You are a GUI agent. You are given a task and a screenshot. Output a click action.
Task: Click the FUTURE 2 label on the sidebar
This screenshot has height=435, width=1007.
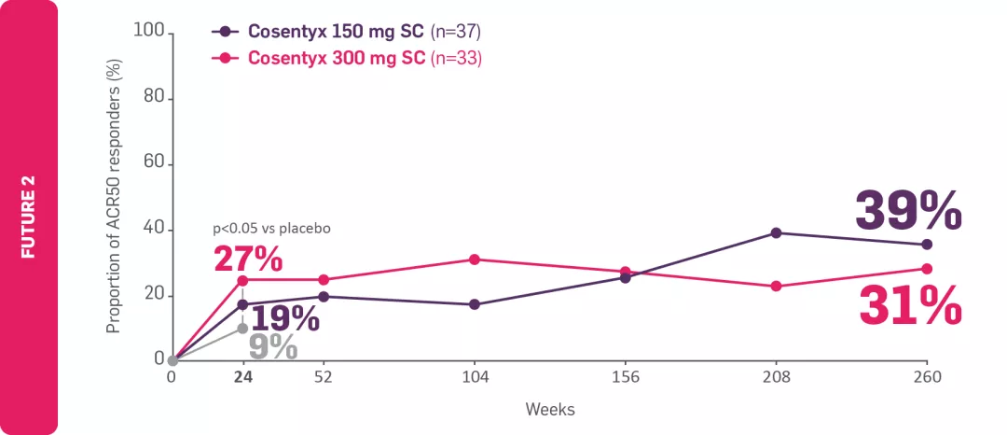coord(29,217)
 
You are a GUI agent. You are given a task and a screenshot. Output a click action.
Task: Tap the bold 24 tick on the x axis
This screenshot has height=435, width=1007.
coord(243,378)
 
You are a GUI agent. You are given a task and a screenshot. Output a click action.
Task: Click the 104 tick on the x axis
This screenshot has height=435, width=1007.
coord(474,378)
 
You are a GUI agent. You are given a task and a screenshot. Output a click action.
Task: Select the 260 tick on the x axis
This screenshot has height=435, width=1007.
coord(926,378)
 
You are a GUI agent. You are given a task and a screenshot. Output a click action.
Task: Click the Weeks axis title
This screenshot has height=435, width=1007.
coord(549,410)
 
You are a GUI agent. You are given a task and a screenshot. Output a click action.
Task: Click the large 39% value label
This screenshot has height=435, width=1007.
coord(908,210)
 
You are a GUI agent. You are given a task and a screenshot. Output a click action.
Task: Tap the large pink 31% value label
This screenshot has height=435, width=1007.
coord(908,305)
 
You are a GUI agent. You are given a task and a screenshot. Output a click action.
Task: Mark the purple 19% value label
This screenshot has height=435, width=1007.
coord(284,317)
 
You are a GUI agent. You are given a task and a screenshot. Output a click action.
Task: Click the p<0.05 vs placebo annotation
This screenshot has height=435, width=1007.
coord(272,228)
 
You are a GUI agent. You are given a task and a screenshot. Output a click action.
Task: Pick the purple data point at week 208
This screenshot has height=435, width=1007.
coord(776,232)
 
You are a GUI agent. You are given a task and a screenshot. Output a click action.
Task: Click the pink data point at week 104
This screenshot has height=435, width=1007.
coord(474,260)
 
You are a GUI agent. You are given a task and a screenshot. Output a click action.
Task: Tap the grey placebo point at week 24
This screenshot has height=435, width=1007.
coord(242,328)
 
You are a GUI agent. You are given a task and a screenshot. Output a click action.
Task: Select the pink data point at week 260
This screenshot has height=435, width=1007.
coord(926,269)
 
